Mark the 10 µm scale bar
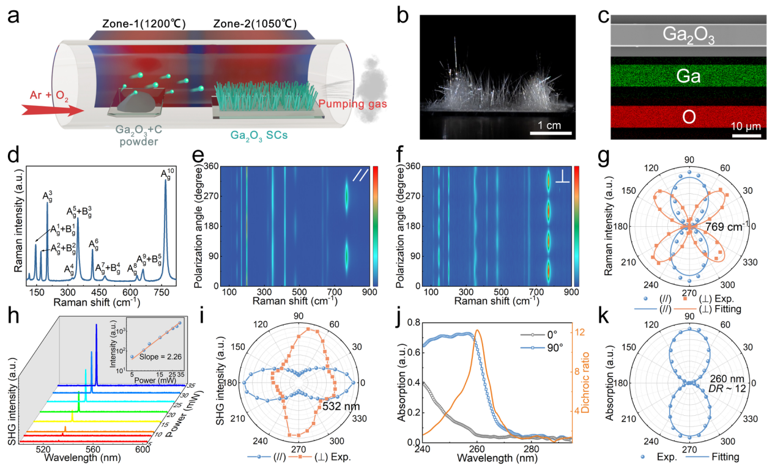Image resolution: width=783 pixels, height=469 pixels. pos(746,136)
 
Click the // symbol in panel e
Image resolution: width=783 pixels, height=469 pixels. pos(358,175)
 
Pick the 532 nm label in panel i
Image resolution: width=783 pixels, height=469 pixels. pos(338,404)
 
